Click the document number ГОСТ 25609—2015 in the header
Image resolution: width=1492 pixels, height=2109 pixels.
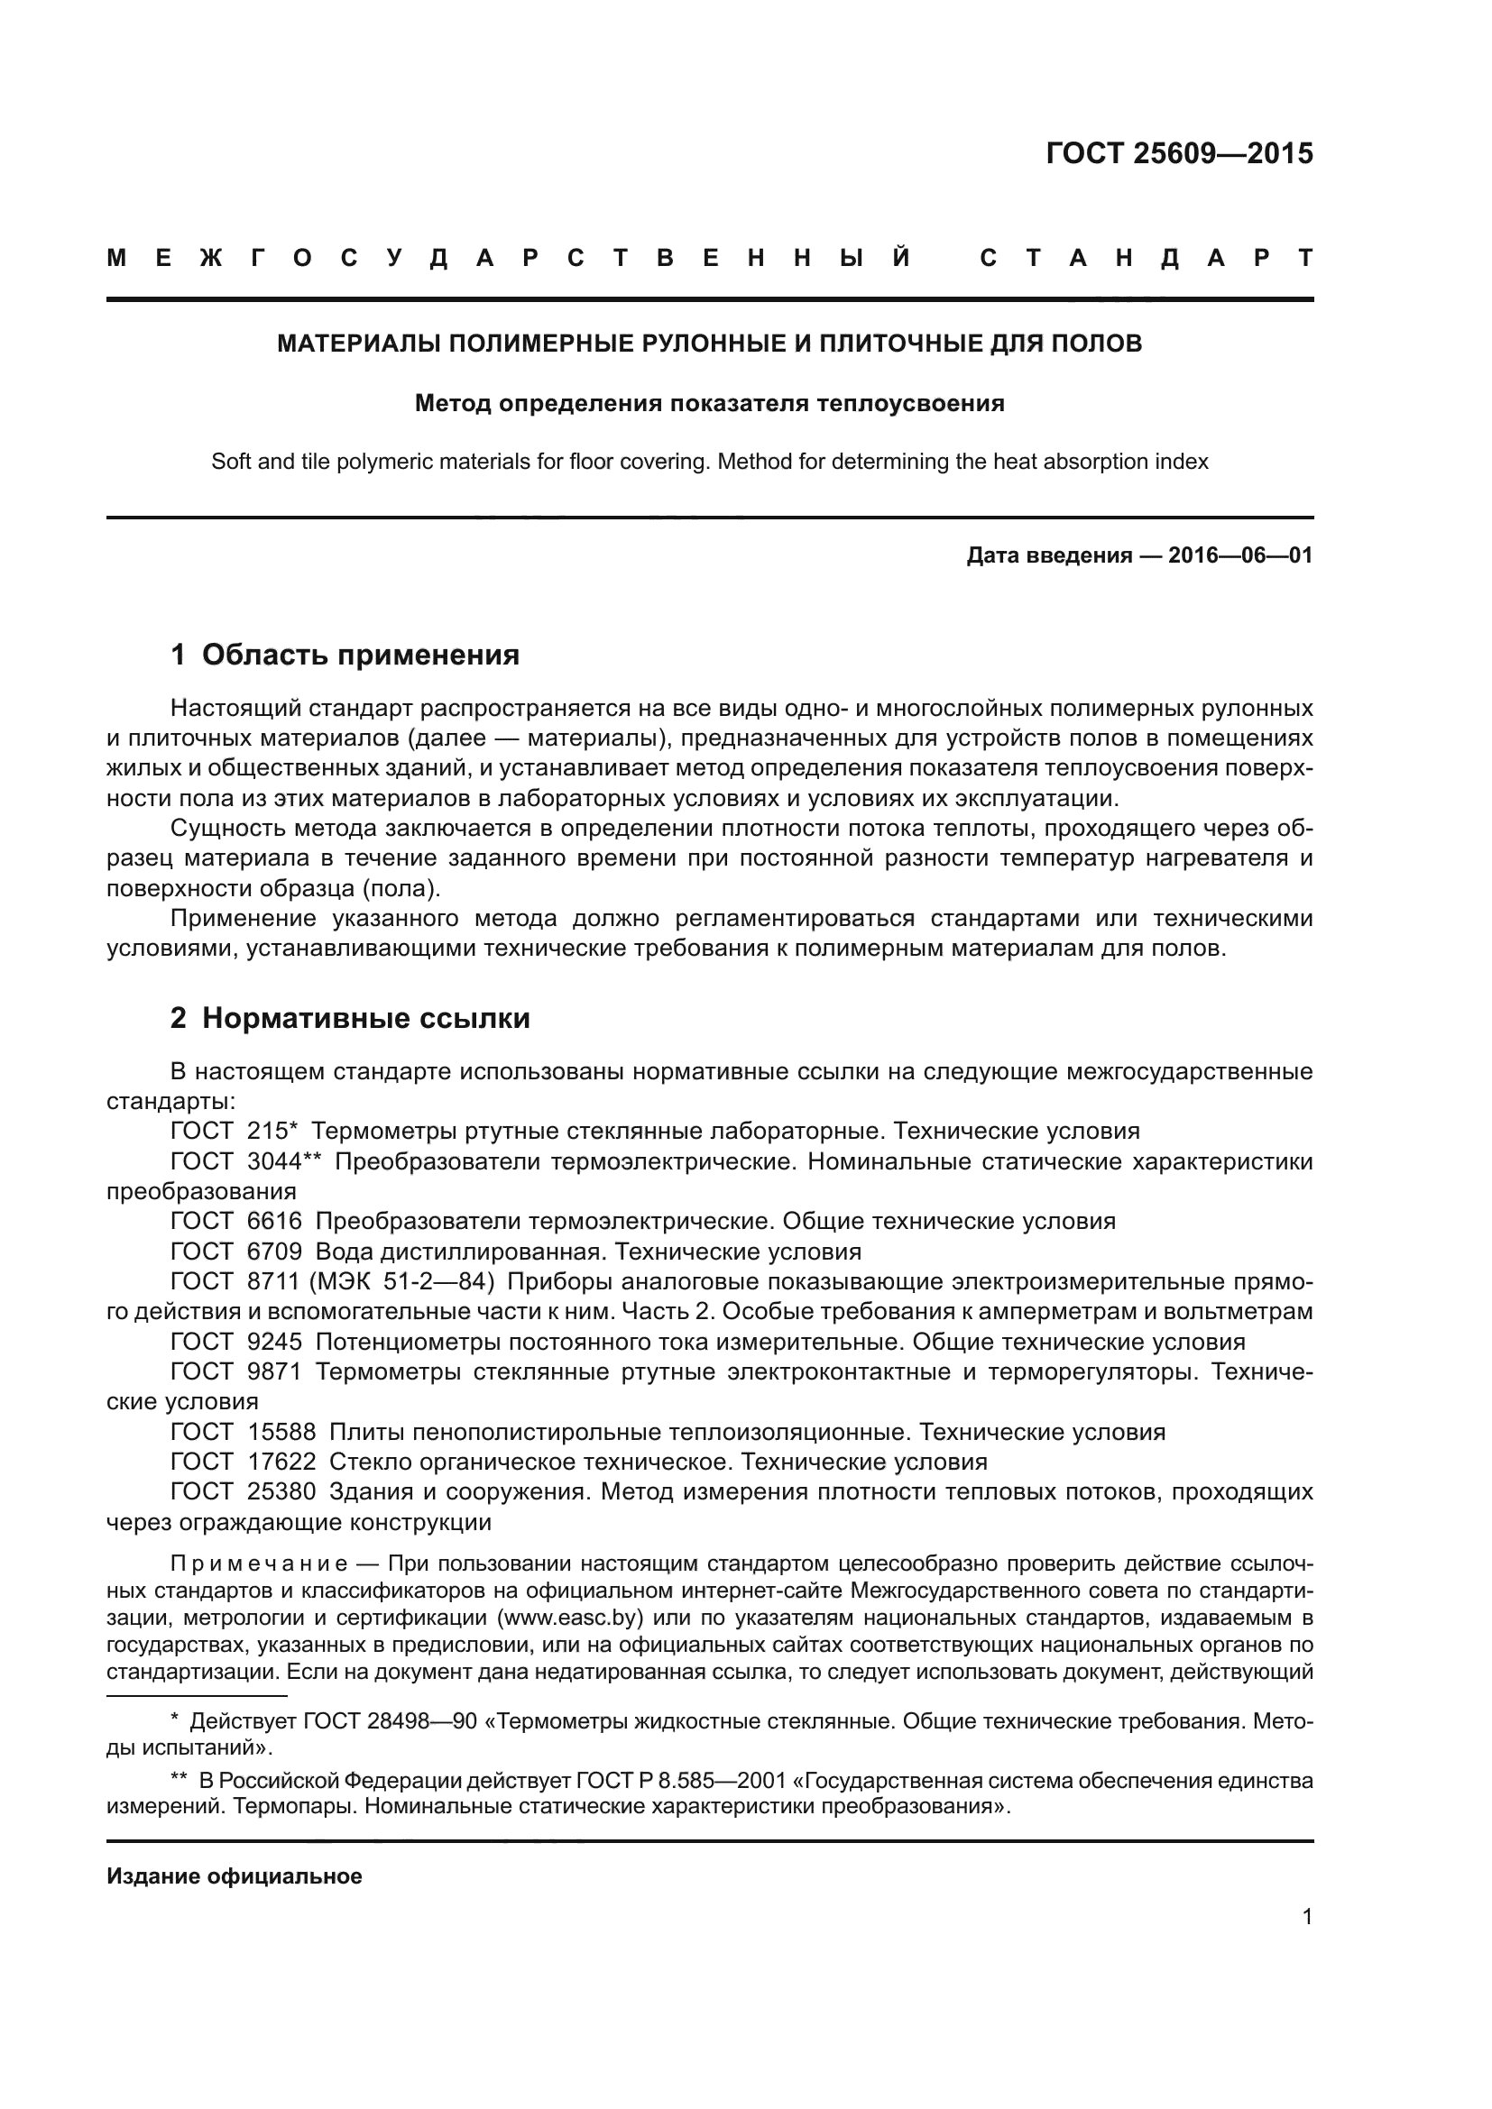[x=1179, y=153]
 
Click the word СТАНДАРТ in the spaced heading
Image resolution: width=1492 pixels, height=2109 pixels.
[x=1146, y=259]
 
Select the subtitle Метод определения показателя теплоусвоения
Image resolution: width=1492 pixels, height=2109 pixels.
[x=709, y=403]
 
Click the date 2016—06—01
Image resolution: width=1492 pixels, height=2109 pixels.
[x=1240, y=555]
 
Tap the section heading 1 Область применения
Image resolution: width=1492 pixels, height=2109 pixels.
[x=345, y=655]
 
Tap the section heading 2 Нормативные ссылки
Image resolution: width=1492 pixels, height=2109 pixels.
[x=350, y=1019]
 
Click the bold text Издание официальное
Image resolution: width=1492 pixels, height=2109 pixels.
[x=235, y=1876]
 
